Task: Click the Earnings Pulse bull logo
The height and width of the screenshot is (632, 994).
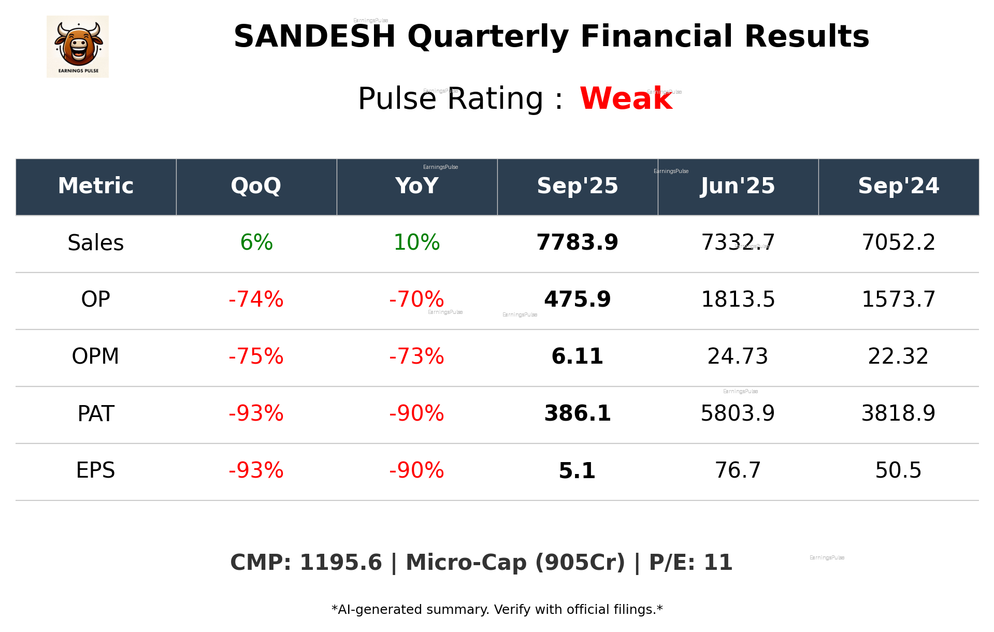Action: click(x=78, y=47)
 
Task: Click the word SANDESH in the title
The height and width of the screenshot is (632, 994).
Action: click(x=314, y=37)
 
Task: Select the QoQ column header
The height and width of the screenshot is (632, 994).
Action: click(x=256, y=186)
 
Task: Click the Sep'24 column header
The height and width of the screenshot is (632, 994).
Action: click(x=898, y=186)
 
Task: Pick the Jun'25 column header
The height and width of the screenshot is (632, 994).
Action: click(x=738, y=186)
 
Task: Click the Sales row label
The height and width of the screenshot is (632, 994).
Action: click(x=96, y=243)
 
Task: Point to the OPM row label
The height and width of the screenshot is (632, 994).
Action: click(x=96, y=356)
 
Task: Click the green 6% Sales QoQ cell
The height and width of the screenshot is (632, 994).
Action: click(x=256, y=242)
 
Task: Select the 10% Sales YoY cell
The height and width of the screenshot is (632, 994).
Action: click(x=416, y=242)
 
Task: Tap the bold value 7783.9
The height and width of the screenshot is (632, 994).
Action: click(x=577, y=242)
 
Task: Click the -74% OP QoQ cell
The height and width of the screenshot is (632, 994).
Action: click(x=256, y=299)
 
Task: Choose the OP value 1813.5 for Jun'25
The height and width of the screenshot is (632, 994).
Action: click(x=738, y=299)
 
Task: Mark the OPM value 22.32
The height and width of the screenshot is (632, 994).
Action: click(x=898, y=356)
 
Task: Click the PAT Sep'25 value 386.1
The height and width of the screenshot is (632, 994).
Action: click(x=577, y=413)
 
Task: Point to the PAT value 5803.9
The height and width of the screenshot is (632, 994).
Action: click(x=738, y=413)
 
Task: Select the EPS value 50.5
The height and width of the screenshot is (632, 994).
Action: click(x=898, y=470)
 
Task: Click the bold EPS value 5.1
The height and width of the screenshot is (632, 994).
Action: click(x=577, y=470)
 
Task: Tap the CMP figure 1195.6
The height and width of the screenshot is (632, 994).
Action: click(x=340, y=563)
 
